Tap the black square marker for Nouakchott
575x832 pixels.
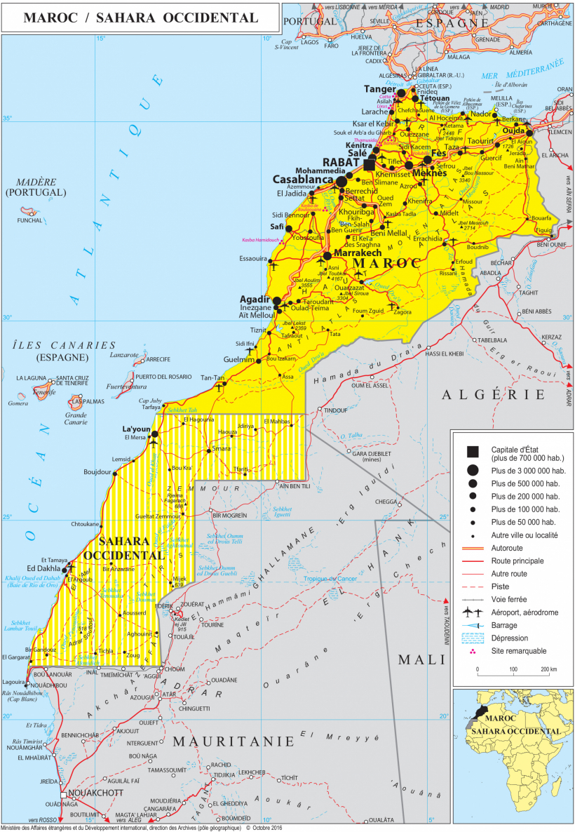coord(64,794)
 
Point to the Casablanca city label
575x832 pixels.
coord(302,179)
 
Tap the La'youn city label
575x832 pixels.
coord(137,429)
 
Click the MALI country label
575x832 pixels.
coord(421,659)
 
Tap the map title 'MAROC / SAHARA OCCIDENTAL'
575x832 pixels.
coord(140,18)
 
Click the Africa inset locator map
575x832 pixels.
coord(513,756)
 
